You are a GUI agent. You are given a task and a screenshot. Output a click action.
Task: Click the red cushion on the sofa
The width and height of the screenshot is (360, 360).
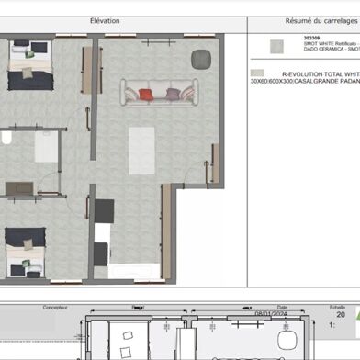point(146,94)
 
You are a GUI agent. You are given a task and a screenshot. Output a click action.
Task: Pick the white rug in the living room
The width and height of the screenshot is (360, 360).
point(141,150)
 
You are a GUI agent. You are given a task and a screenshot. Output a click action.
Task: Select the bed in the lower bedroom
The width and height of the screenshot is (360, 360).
point(26,251)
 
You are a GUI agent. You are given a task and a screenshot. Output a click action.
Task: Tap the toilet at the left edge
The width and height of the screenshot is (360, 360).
point(5,139)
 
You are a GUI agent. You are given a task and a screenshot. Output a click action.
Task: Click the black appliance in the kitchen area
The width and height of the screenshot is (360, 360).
point(103,211)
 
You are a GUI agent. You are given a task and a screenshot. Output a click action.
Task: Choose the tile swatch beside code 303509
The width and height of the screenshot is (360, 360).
point(273,47)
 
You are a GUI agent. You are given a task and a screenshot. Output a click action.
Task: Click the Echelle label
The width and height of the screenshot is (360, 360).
point(338,309)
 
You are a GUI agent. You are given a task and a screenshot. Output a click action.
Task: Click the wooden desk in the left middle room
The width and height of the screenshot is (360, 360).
point(19,188)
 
